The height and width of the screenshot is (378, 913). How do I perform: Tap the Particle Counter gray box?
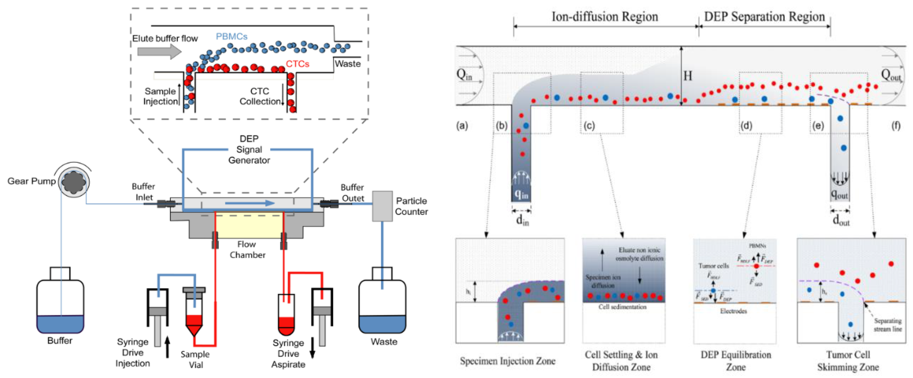[382, 206]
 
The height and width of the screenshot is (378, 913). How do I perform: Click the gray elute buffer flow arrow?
[159, 52]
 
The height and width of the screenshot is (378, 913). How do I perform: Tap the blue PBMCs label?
[231, 36]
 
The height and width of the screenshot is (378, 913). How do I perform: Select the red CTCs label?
[297, 64]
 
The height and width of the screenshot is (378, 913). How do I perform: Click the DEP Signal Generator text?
[249, 149]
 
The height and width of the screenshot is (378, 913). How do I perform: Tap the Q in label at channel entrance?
[464, 75]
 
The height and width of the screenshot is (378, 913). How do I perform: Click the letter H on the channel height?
[687, 76]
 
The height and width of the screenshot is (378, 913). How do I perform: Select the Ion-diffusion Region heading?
[605, 17]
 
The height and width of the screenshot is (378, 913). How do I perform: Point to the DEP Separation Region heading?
[764, 17]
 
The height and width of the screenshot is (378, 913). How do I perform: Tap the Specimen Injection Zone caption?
[508, 361]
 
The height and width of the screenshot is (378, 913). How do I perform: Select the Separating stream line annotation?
[887, 324]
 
